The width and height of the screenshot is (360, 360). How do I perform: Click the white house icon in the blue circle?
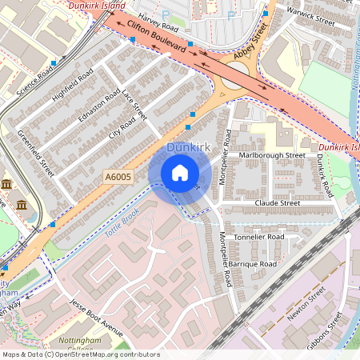[x=180, y=173]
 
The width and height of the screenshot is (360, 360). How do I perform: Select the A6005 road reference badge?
[x=116, y=177]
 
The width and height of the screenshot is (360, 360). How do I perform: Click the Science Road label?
[x=35, y=80]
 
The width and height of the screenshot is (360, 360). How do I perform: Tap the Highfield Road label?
[x=72, y=86]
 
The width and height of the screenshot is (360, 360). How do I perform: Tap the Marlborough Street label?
[x=272, y=154]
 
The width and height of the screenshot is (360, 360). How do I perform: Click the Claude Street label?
[x=277, y=203]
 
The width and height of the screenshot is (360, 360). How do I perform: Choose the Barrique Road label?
[x=251, y=263]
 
